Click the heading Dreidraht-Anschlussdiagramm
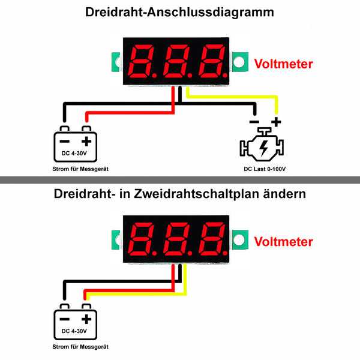pyautogui.click(x=179, y=12)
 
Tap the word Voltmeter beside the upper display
pyautogui.click(x=284, y=64)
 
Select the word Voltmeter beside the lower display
pyautogui.click(x=284, y=242)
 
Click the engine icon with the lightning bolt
pyautogui.click(x=262, y=144)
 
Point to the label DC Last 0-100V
pyautogui.click(x=265, y=169)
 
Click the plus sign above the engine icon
pyautogui.click(x=276, y=122)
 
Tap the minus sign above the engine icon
pyautogui.click(x=254, y=122)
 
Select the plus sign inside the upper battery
pyautogui.click(x=86, y=141)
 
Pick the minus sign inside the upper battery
pyautogui.click(x=65, y=141)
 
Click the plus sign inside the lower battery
pyautogui.click(x=86, y=319)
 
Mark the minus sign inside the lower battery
pyautogui.click(x=65, y=319)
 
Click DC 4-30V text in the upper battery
pyautogui.click(x=74, y=153)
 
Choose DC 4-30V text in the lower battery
pyautogui.click(x=74, y=331)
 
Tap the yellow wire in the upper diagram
pyautogui.click(x=232, y=97)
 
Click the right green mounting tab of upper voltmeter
pyautogui.click(x=240, y=62)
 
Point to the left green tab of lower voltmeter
pyautogui.click(x=116, y=240)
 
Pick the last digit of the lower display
pyautogui.click(x=212, y=239)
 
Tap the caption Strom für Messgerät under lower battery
pyautogui.click(x=80, y=347)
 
